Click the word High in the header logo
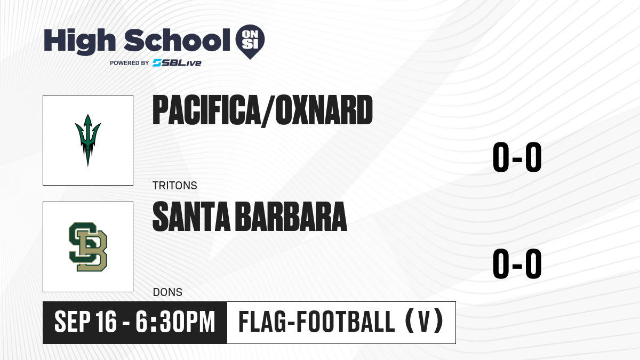[x=79, y=41]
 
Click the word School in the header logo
[x=177, y=40]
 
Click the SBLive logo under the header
[x=177, y=63]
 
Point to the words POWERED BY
[x=130, y=63]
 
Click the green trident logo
[x=87, y=140]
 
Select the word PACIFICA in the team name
[x=206, y=110]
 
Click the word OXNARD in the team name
[x=324, y=110]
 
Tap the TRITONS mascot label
[x=175, y=186]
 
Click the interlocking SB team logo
[x=88, y=247]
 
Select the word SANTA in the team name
[x=191, y=217]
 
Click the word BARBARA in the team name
[x=292, y=217]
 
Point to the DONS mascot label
[x=167, y=292]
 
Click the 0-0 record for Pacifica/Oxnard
[x=517, y=157]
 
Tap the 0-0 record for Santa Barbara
[x=517, y=263]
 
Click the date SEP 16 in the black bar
[x=85, y=322]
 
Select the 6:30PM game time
[x=175, y=322]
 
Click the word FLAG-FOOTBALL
[x=317, y=322]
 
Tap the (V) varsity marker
[x=425, y=322]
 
